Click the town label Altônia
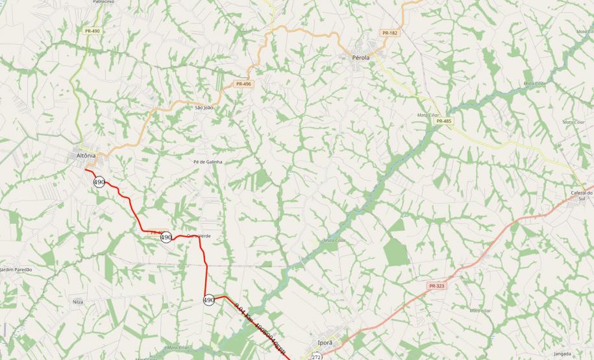click(85, 156)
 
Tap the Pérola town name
click(361, 58)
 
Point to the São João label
click(204, 107)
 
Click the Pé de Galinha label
click(208, 162)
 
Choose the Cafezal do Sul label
click(582, 196)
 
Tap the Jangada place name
click(562, 354)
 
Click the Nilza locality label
click(78, 302)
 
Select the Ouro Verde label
click(199, 235)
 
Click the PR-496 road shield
click(243, 84)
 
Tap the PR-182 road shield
click(390, 33)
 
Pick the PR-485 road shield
click(444, 121)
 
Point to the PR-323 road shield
click(436, 286)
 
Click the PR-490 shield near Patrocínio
click(92, 31)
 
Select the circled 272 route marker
click(317, 357)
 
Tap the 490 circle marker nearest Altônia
click(99, 182)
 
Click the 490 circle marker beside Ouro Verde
click(166, 237)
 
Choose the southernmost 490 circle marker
click(208, 300)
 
